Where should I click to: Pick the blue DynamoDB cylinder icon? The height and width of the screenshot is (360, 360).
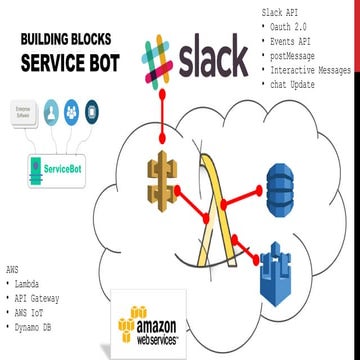click(x=285, y=183)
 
